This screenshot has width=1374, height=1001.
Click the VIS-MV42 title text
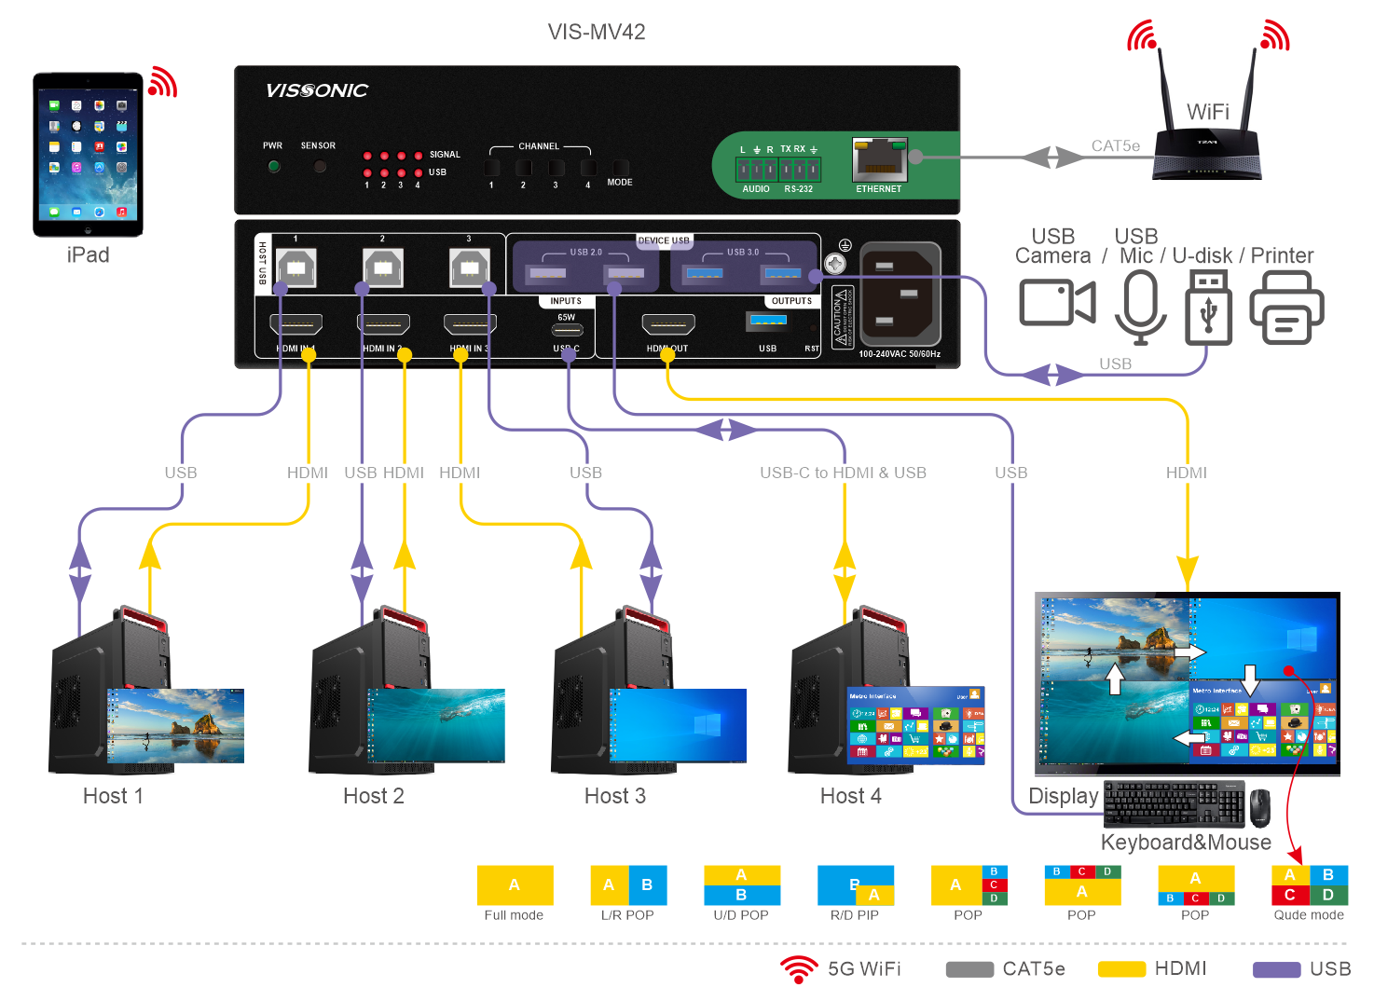click(x=597, y=33)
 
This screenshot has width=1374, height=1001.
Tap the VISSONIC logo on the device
click(x=317, y=90)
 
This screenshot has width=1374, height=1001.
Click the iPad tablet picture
click(x=89, y=154)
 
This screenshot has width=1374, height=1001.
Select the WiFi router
click(x=1208, y=140)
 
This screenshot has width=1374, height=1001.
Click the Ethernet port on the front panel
click(x=879, y=160)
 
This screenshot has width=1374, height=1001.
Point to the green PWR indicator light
click(x=274, y=167)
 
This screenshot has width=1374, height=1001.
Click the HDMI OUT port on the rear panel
click(x=668, y=324)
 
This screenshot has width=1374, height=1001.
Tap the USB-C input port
click(x=568, y=330)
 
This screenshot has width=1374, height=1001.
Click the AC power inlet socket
click(x=900, y=294)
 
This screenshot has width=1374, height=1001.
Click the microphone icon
click(x=1140, y=306)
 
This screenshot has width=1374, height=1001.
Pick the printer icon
click(x=1286, y=308)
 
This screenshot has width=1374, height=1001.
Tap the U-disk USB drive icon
click(x=1208, y=308)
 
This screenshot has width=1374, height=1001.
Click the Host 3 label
click(x=615, y=796)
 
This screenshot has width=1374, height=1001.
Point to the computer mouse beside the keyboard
click(x=1260, y=807)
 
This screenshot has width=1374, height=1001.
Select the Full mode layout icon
click(x=515, y=885)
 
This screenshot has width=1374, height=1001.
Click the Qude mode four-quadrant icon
click(x=1309, y=885)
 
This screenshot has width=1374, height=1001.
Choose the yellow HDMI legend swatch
click(x=1121, y=969)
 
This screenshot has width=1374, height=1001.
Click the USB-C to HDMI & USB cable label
click(x=843, y=473)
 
